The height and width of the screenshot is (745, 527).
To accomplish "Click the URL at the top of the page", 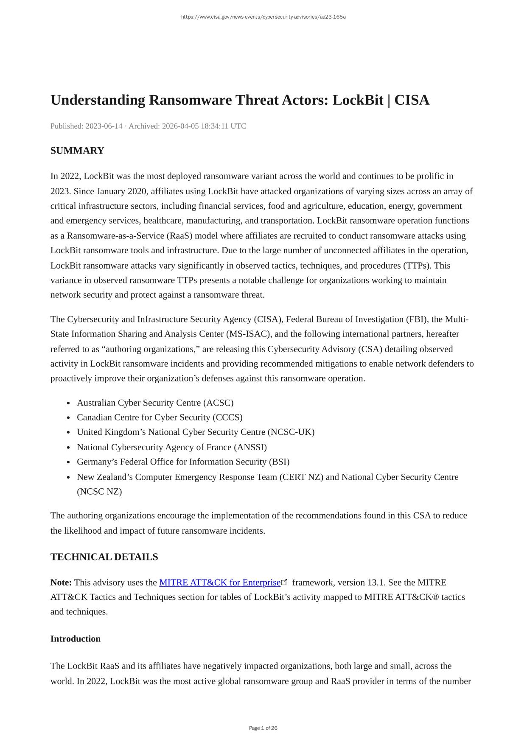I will (263, 17).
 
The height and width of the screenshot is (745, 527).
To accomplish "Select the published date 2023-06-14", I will (104, 126).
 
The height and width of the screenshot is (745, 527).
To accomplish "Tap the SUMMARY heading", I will (77, 151).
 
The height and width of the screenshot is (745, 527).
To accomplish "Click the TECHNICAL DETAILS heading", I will (104, 557).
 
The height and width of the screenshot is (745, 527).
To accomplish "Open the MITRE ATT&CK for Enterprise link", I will (220, 583).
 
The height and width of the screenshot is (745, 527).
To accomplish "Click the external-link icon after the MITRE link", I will (285, 582).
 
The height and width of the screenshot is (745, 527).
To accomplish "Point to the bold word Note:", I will (61, 583).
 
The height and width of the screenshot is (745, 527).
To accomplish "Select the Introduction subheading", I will (76, 639).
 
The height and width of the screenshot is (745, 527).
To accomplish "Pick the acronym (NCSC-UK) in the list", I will (291, 432).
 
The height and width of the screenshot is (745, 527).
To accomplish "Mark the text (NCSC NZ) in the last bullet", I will (99, 492).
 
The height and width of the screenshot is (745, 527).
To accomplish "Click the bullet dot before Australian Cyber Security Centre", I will (69, 403).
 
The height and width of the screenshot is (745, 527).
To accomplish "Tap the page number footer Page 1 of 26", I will (263, 728).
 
